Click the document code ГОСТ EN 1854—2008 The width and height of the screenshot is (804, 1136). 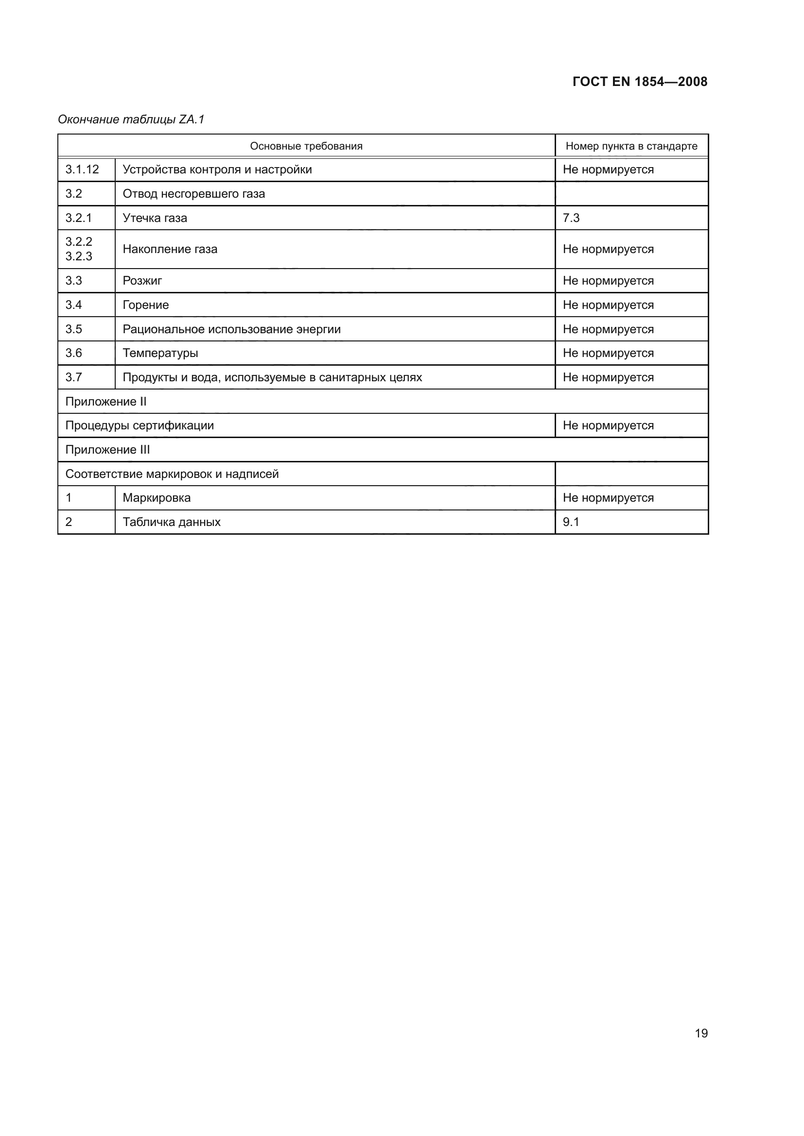640,82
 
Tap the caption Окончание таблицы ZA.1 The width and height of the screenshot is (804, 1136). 131,119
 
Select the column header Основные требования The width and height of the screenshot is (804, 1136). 306,146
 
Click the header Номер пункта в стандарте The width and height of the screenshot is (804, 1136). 631,146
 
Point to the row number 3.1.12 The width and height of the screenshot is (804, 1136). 82,169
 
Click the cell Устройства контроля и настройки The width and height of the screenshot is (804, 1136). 217,170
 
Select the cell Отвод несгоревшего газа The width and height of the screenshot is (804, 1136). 193,193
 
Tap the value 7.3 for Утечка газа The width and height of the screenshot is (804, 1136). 571,218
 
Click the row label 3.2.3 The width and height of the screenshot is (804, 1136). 79,256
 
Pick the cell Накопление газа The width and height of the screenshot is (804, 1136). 170,249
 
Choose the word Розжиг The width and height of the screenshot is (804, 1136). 142,281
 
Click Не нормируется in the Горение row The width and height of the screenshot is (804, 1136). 608,305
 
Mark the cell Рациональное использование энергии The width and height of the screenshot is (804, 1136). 232,329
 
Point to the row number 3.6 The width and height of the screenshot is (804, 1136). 74,353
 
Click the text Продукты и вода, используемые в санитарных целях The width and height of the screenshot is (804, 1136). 272,377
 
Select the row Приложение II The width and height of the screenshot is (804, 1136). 106,401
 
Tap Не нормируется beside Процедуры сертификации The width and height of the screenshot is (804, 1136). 608,425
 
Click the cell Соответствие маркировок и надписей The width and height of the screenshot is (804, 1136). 172,474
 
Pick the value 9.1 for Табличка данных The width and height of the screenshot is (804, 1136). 571,522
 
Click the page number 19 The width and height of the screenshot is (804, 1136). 701,1033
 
